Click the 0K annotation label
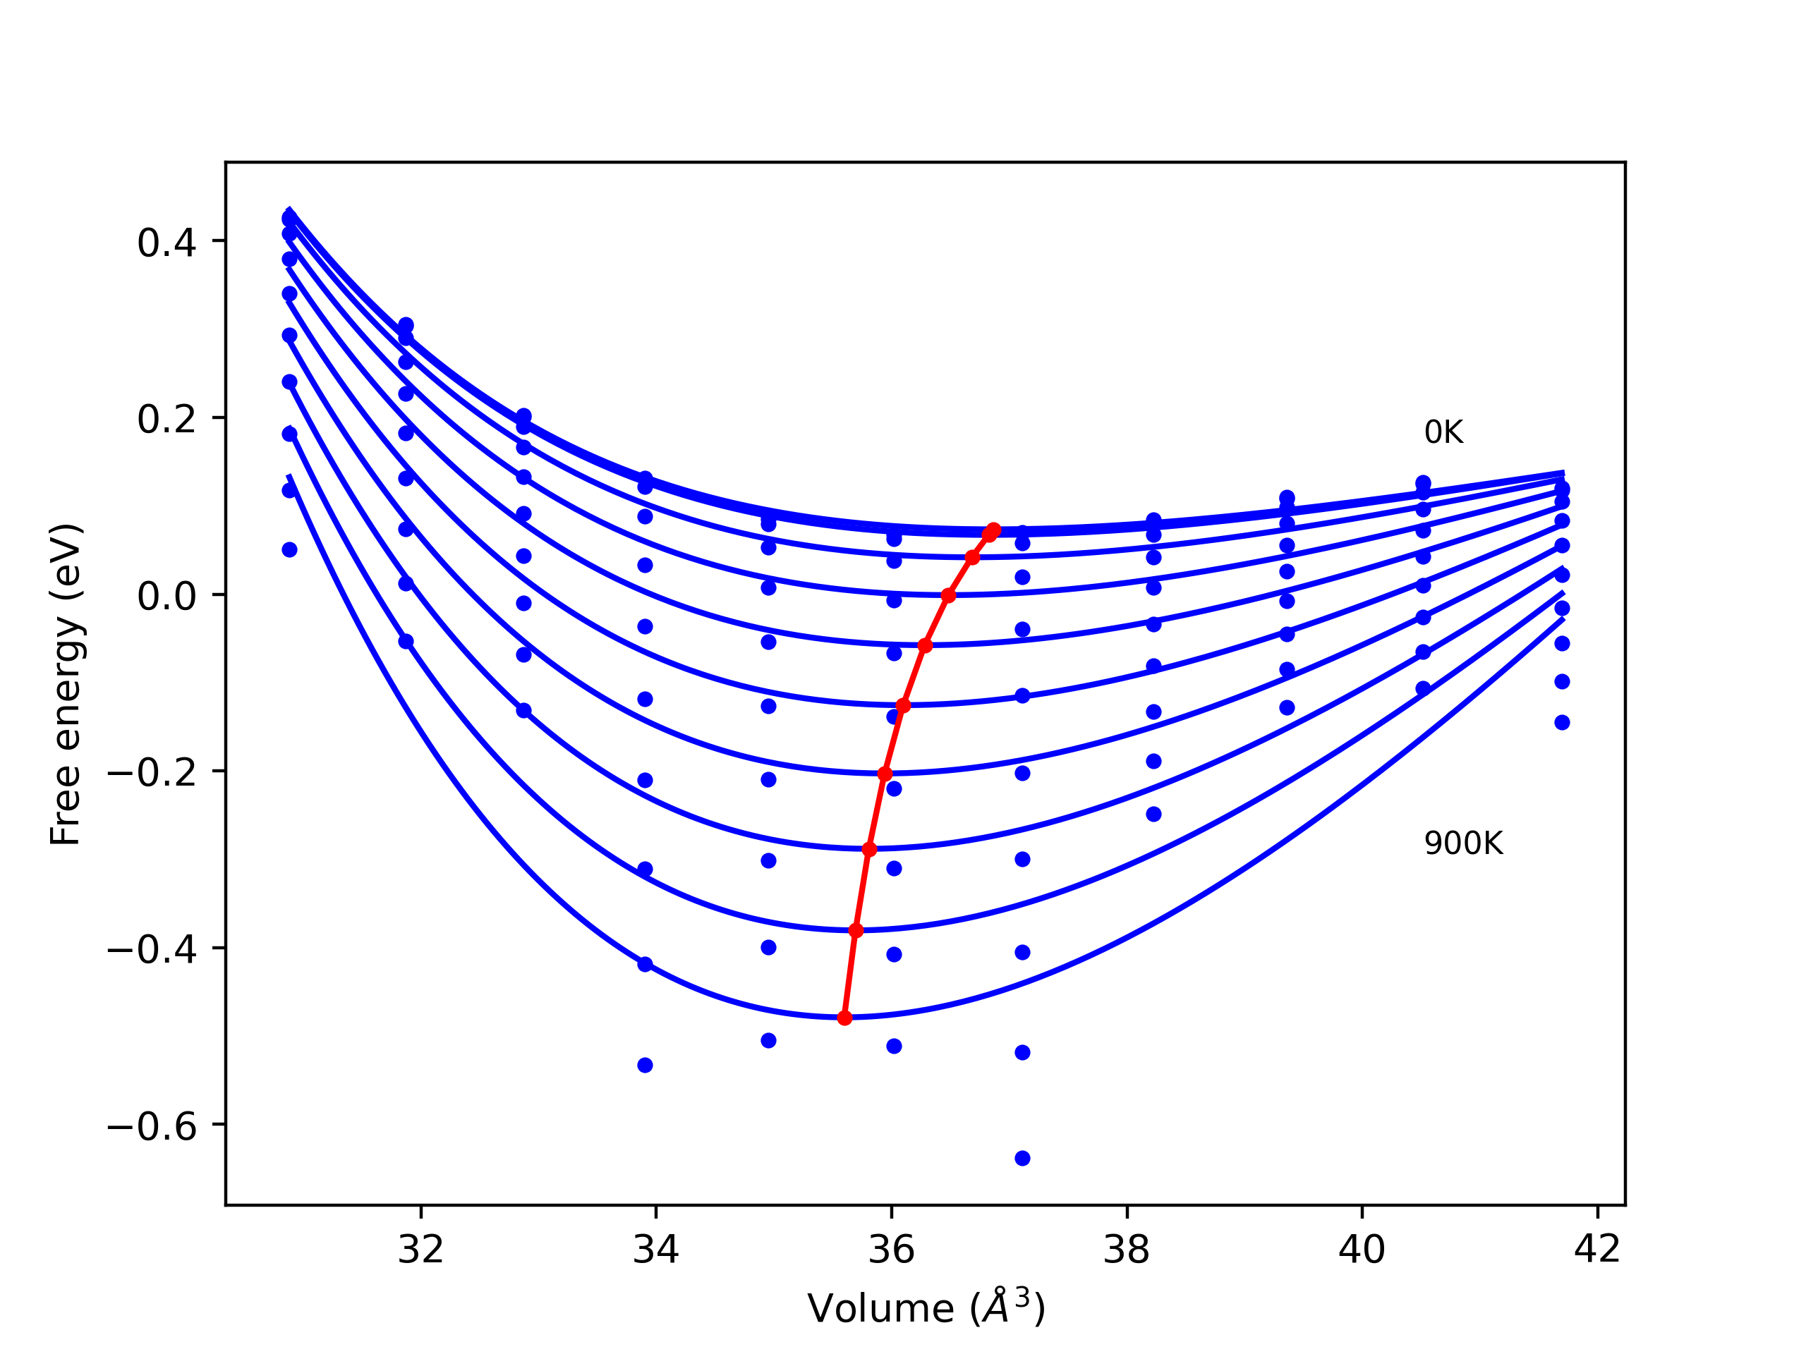[x=1443, y=432]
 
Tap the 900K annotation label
[x=1463, y=843]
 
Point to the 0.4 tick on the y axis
[x=166, y=243]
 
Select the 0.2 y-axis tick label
[x=166, y=419]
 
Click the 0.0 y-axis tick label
[x=166, y=596]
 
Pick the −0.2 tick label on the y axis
[x=152, y=773]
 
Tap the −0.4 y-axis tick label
[x=152, y=949]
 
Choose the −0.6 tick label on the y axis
[x=152, y=1126]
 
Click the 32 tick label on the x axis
[x=420, y=1250]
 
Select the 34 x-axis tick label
[x=655, y=1250]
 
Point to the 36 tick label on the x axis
[x=892, y=1250]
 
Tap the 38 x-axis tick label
[x=1127, y=1250]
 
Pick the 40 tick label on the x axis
[x=1362, y=1250]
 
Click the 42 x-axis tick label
[x=1597, y=1250]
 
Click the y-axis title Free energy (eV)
[x=66, y=684]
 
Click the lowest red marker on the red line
[x=845, y=1018]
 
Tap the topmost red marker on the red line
[x=993, y=530]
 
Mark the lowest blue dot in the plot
[x=1022, y=1158]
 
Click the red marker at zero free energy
[x=948, y=596]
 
